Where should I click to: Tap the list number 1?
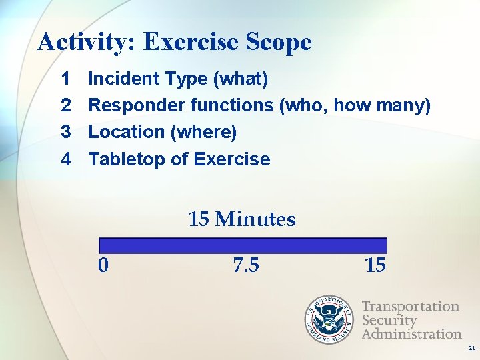(x=66, y=79)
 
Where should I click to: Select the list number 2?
(x=66, y=105)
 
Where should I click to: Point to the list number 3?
(x=66, y=132)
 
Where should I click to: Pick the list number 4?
(x=66, y=159)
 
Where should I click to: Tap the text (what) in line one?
(x=239, y=79)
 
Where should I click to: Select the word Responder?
(x=137, y=105)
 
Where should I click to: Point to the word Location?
(x=127, y=132)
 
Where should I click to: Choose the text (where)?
(x=204, y=132)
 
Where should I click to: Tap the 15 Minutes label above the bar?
(x=241, y=219)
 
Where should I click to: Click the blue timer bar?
(x=243, y=245)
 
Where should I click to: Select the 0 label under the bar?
(x=103, y=265)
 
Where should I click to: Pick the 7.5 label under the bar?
(x=246, y=265)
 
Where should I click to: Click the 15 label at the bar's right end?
(x=375, y=265)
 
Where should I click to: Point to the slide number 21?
(x=471, y=348)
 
